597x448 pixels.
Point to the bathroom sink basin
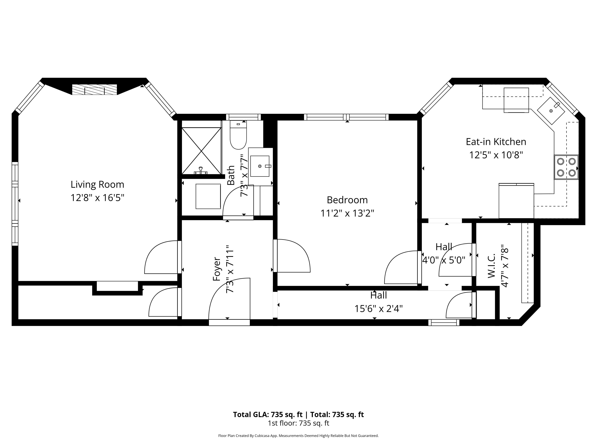click(x=260, y=166)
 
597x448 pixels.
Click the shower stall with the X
click(x=201, y=150)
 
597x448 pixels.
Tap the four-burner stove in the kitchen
click(x=566, y=167)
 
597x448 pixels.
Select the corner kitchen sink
click(x=551, y=111)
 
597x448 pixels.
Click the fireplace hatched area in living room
click(x=94, y=89)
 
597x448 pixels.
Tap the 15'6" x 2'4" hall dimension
click(x=378, y=308)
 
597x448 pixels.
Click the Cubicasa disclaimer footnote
click(x=298, y=436)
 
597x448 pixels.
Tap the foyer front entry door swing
click(x=229, y=300)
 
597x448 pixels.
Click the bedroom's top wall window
click(x=346, y=117)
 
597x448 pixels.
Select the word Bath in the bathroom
click(x=231, y=175)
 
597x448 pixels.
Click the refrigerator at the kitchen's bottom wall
click(x=516, y=201)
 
